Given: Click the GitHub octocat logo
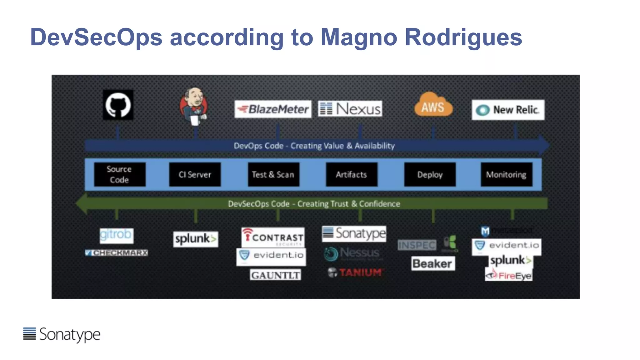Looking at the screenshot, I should pos(118,105).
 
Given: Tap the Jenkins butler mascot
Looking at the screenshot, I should pos(194,106).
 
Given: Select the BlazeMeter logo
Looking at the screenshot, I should pos(273,109).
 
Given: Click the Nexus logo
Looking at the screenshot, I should pos(350,109).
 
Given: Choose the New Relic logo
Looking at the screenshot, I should pos(508,110).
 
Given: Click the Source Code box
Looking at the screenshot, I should pos(120,174).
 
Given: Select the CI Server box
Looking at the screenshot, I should pos(195,174).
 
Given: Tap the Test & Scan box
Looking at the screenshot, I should pos(273,174).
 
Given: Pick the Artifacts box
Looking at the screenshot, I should pos(352,174).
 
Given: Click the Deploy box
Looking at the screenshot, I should pos(430,174).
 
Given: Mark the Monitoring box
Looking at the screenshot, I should pos(506,174).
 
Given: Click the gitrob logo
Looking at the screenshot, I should pos(116,235).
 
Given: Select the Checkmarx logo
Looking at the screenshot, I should pos(116,252).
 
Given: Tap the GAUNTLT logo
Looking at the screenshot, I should pos(275,275).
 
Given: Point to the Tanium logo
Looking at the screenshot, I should pos(355,272).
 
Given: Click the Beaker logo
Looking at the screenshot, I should pos(433,264).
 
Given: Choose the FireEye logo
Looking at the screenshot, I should pos(509,276).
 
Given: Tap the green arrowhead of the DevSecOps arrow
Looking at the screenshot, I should pos(82,204).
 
